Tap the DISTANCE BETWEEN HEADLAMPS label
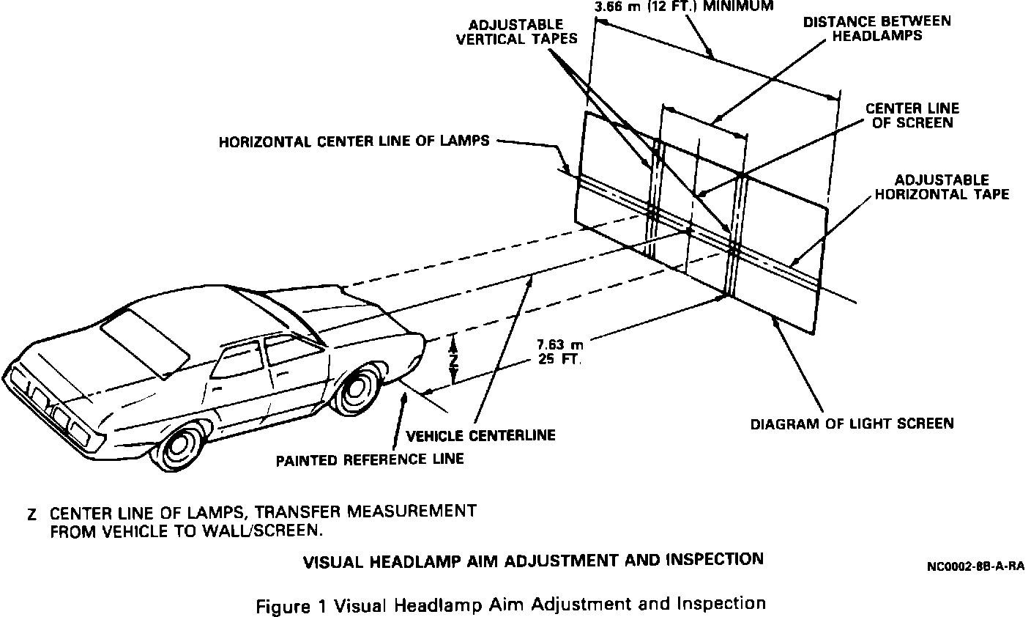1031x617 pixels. (x=877, y=28)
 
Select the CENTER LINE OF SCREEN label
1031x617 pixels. (x=912, y=115)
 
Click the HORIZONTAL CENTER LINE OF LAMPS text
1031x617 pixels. (x=354, y=141)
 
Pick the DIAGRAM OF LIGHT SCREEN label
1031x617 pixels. (x=852, y=423)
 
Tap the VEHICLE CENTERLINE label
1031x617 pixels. (x=480, y=435)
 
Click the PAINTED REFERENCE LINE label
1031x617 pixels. (x=370, y=459)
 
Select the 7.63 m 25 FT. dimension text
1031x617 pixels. (x=559, y=351)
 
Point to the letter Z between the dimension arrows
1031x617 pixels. (x=454, y=360)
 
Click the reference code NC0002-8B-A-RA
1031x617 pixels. (x=974, y=566)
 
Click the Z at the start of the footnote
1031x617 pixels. (x=31, y=514)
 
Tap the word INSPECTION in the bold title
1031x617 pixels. (x=714, y=559)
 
